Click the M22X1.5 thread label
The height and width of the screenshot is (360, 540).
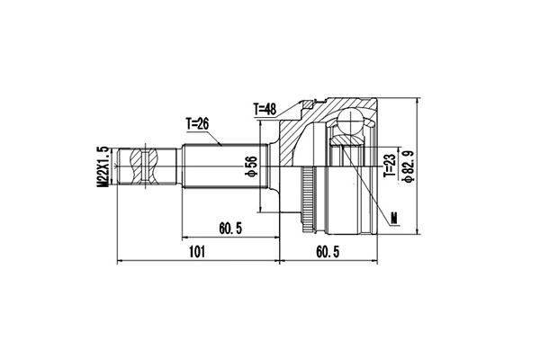tap(104, 165)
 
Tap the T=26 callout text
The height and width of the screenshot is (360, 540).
tap(201, 123)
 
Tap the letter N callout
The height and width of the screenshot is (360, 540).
tap(395, 216)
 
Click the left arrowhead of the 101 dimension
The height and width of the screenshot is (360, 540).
tap(121, 262)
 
